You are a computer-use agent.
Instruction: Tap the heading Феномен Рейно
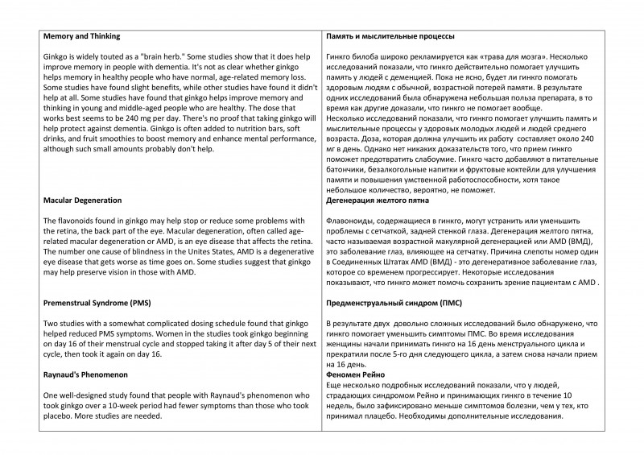[357, 376]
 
